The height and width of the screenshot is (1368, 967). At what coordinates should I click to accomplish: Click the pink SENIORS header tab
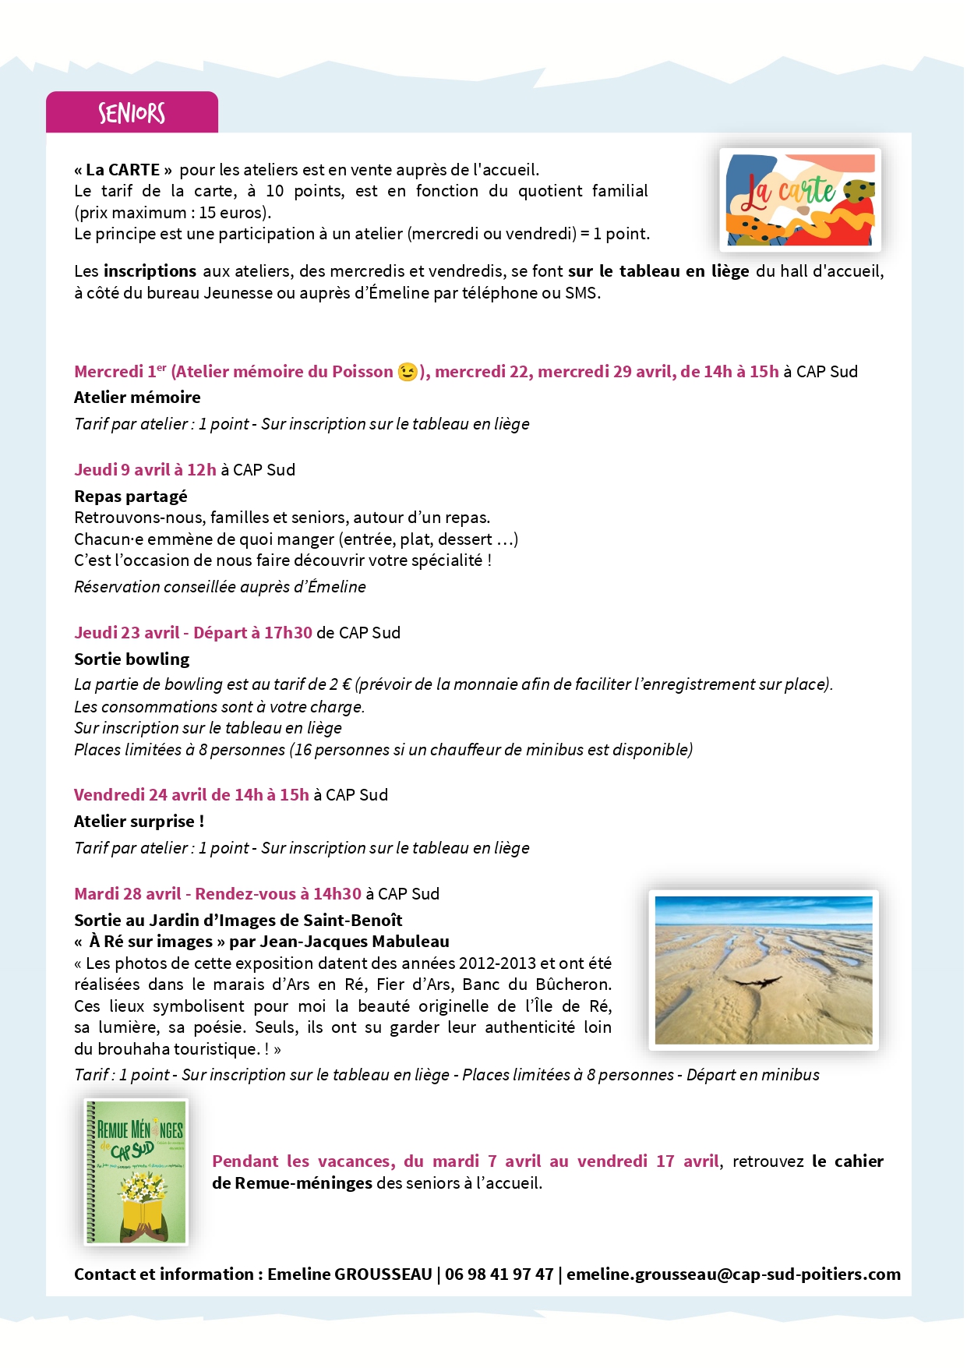[132, 113]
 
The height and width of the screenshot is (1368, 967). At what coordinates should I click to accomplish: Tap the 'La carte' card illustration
[799, 200]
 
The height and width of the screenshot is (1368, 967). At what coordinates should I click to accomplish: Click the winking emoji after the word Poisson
[407, 372]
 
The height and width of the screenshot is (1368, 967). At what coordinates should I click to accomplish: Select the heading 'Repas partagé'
[131, 497]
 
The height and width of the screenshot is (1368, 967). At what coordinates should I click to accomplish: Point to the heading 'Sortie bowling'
[132, 659]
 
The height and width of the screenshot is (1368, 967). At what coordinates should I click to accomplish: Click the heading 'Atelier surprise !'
[139, 822]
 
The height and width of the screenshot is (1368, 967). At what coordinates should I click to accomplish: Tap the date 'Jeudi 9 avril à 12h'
[145, 470]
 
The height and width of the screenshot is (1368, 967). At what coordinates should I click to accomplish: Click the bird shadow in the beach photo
[753, 981]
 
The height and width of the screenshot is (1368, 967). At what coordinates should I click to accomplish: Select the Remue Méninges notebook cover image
[136, 1171]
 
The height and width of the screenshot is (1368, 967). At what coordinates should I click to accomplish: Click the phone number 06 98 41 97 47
[499, 1274]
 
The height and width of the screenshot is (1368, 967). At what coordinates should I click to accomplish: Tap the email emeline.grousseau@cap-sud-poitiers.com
[733, 1274]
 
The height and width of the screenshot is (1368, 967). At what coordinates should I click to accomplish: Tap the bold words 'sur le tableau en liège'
[658, 271]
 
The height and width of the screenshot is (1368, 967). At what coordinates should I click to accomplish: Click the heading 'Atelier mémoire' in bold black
[137, 398]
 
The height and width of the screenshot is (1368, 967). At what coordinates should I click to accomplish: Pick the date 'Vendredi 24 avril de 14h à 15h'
[191, 795]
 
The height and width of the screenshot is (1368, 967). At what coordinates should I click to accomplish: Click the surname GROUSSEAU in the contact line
[383, 1274]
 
